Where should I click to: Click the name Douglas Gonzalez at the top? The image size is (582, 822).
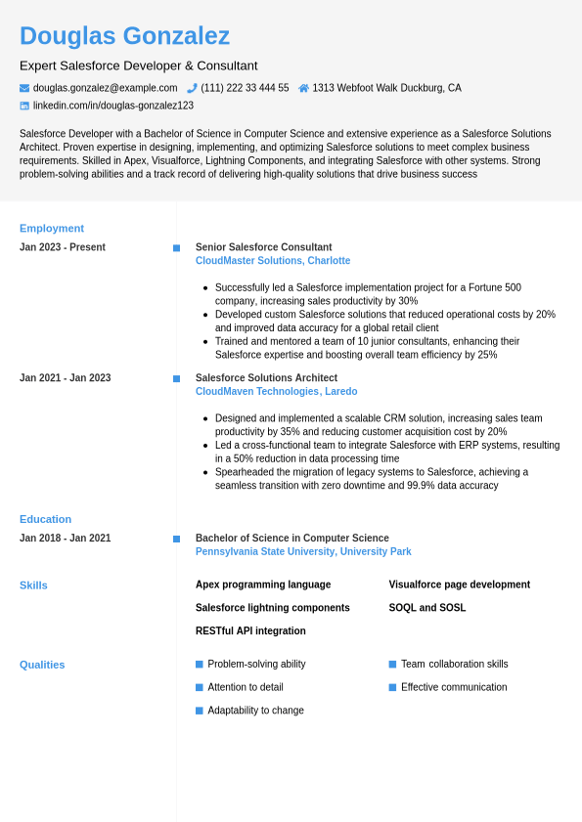pos(124,36)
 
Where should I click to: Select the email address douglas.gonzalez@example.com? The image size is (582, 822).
pos(106,88)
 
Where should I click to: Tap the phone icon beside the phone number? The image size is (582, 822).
pos(192,88)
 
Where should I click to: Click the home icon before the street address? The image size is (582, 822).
pos(303,88)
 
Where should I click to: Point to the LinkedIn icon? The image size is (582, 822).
pos(24,106)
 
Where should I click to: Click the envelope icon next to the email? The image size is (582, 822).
pos(24,88)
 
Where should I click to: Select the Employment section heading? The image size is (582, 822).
pos(52,228)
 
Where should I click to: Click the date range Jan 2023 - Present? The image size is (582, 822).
pos(63,247)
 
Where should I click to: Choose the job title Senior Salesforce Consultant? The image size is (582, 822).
pos(263,247)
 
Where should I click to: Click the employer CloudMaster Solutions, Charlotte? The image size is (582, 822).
pos(273,261)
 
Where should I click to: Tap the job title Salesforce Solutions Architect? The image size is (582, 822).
pos(266,378)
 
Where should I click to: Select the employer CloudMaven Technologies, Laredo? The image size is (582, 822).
pos(277,392)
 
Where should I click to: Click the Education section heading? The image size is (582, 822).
pos(45,519)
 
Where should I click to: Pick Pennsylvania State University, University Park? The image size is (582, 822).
pos(303,552)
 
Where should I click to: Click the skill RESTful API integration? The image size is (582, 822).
pos(250,631)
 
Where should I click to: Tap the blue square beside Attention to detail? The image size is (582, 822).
pos(200,687)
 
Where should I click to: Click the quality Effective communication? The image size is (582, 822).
pos(454,687)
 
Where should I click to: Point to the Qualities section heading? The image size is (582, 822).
pos(42,665)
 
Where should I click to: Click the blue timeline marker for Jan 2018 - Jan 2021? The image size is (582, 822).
pos(176,539)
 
